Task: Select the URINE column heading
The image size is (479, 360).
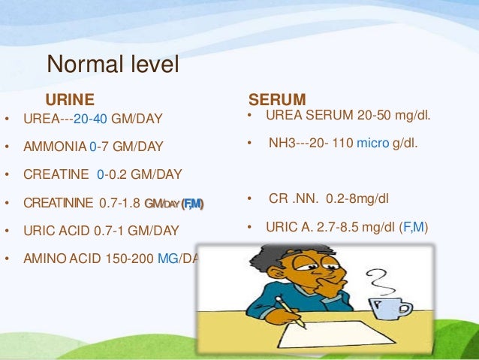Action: pos(70,99)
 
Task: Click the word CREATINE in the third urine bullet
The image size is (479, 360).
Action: pos(55,174)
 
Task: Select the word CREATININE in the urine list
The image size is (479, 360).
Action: pos(59,203)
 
